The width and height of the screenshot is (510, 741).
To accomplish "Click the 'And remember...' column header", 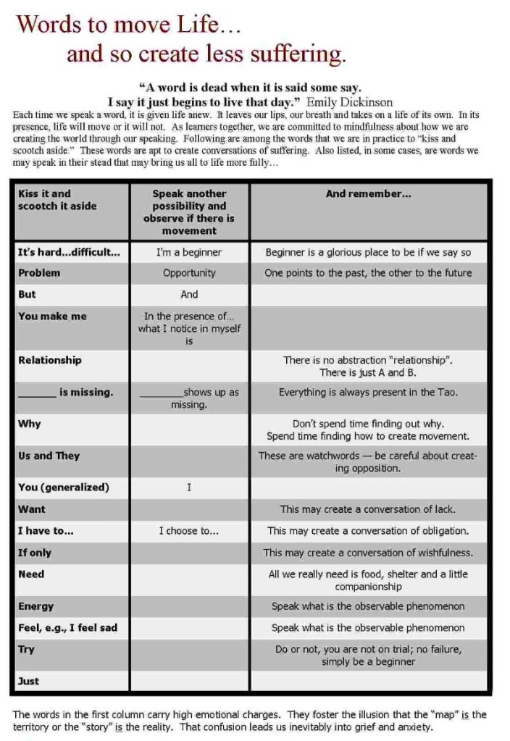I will click(368, 193).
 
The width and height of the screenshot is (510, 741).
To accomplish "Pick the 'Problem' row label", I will click(39, 273).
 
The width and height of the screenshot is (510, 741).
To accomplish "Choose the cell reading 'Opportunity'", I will click(189, 273).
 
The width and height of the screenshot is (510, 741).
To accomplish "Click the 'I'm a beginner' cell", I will click(189, 252).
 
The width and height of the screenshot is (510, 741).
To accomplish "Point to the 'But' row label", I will click(27, 294).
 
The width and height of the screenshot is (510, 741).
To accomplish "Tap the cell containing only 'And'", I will click(189, 294).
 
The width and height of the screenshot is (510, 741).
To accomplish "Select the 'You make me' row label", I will click(52, 316).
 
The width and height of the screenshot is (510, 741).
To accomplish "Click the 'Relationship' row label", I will click(50, 360).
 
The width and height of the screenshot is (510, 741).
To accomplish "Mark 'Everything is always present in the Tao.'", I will click(368, 392).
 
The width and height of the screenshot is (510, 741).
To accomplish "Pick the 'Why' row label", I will click(30, 424).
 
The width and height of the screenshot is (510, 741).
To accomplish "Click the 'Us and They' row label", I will click(49, 456).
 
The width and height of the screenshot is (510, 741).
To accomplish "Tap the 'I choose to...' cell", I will click(189, 531).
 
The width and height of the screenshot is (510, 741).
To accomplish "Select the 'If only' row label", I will click(35, 553).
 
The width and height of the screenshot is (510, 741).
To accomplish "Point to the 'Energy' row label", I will click(35, 606).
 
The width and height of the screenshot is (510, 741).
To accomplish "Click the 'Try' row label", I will click(26, 650).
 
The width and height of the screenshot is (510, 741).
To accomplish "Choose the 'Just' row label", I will click(28, 681).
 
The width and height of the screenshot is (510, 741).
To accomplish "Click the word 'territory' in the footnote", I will click(34, 727).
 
